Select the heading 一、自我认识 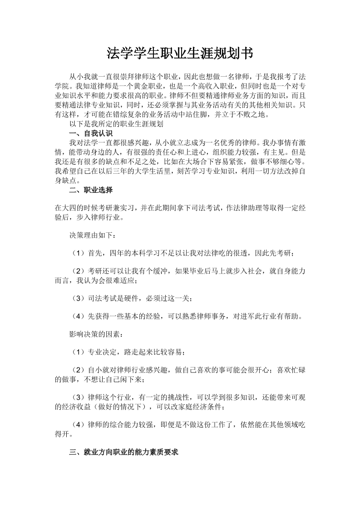click(87, 133)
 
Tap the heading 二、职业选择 click(88, 190)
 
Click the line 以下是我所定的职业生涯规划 click(116, 123)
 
